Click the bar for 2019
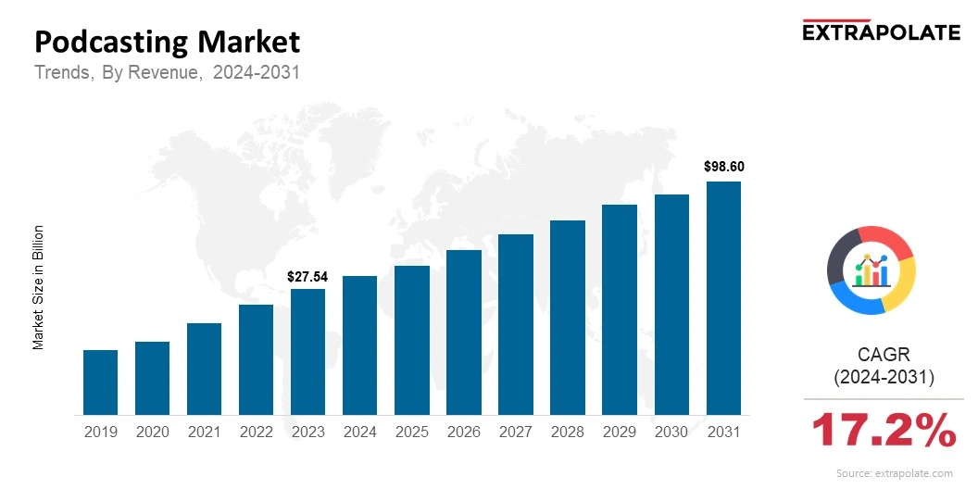pos(100,382)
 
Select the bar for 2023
pos(307,352)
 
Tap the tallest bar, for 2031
pos(723,298)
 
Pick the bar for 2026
pos(463,332)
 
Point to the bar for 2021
pos(204,369)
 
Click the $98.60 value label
pos(723,168)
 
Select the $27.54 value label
pos(307,276)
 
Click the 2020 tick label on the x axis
pos(152,432)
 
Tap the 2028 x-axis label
pos(567,432)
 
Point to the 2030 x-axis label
pos(671,432)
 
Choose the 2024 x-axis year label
pos(359,432)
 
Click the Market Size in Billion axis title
pos(39,287)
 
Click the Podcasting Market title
pos(168,42)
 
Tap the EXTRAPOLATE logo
pos(881,31)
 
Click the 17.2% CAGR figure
pos(883,432)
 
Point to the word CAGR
pos(884,355)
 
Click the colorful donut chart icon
pos(871,270)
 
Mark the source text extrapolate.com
pos(894,473)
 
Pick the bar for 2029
pos(620,310)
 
